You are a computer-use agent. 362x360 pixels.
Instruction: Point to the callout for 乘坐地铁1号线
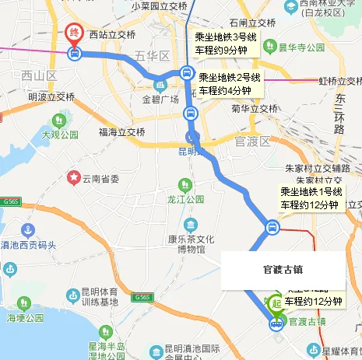click(310, 198)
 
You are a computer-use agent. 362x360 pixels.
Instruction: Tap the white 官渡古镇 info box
click(279, 271)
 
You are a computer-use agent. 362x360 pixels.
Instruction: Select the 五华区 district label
click(152, 56)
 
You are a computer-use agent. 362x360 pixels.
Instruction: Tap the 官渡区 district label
click(253, 141)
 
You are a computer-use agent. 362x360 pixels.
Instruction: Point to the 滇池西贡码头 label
click(30, 245)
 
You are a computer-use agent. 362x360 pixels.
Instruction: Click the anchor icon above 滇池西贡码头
click(29, 230)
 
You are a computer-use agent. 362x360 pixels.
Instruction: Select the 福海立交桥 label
click(121, 132)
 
